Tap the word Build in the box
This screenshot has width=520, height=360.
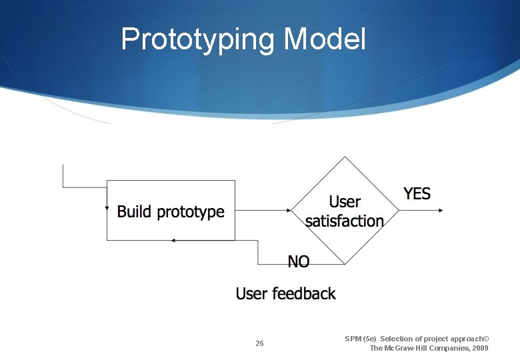coord(135,212)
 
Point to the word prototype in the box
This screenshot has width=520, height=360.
coord(191,213)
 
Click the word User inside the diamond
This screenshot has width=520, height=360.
coord(345,202)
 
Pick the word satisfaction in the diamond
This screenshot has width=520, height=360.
coord(344,221)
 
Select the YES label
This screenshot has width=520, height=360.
coord(417,194)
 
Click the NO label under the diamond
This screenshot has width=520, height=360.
coord(298,262)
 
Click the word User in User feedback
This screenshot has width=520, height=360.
coord(251,293)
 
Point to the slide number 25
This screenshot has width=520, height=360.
coord(259,343)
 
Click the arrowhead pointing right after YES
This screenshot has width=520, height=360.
coord(440,211)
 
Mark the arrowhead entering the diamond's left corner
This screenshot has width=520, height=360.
coord(289,211)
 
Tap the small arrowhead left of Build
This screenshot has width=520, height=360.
coord(107,208)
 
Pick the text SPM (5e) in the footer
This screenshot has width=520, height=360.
coord(361,339)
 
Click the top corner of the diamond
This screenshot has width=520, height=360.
coord(345,157)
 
